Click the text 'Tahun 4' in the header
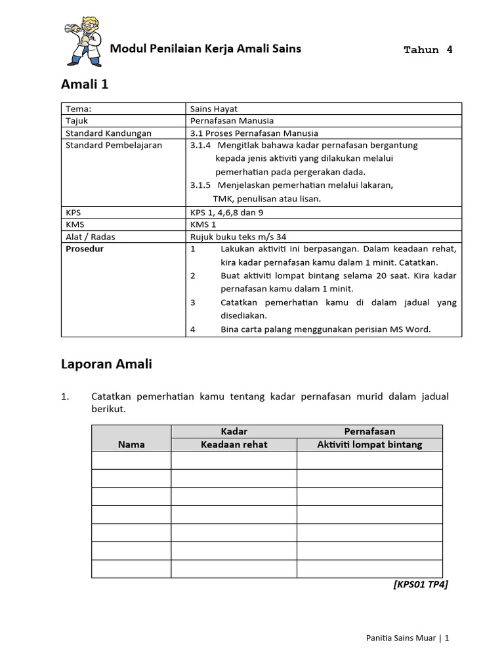click(x=428, y=50)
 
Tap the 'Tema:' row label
click(x=78, y=109)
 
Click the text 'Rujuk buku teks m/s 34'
click(x=238, y=237)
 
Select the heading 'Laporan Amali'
click(x=106, y=364)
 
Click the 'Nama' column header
click(x=131, y=444)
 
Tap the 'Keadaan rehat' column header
click(x=234, y=444)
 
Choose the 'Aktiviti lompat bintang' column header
click(x=369, y=444)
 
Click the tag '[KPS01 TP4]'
click(x=421, y=585)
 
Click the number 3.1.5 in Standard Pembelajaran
click(x=201, y=185)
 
